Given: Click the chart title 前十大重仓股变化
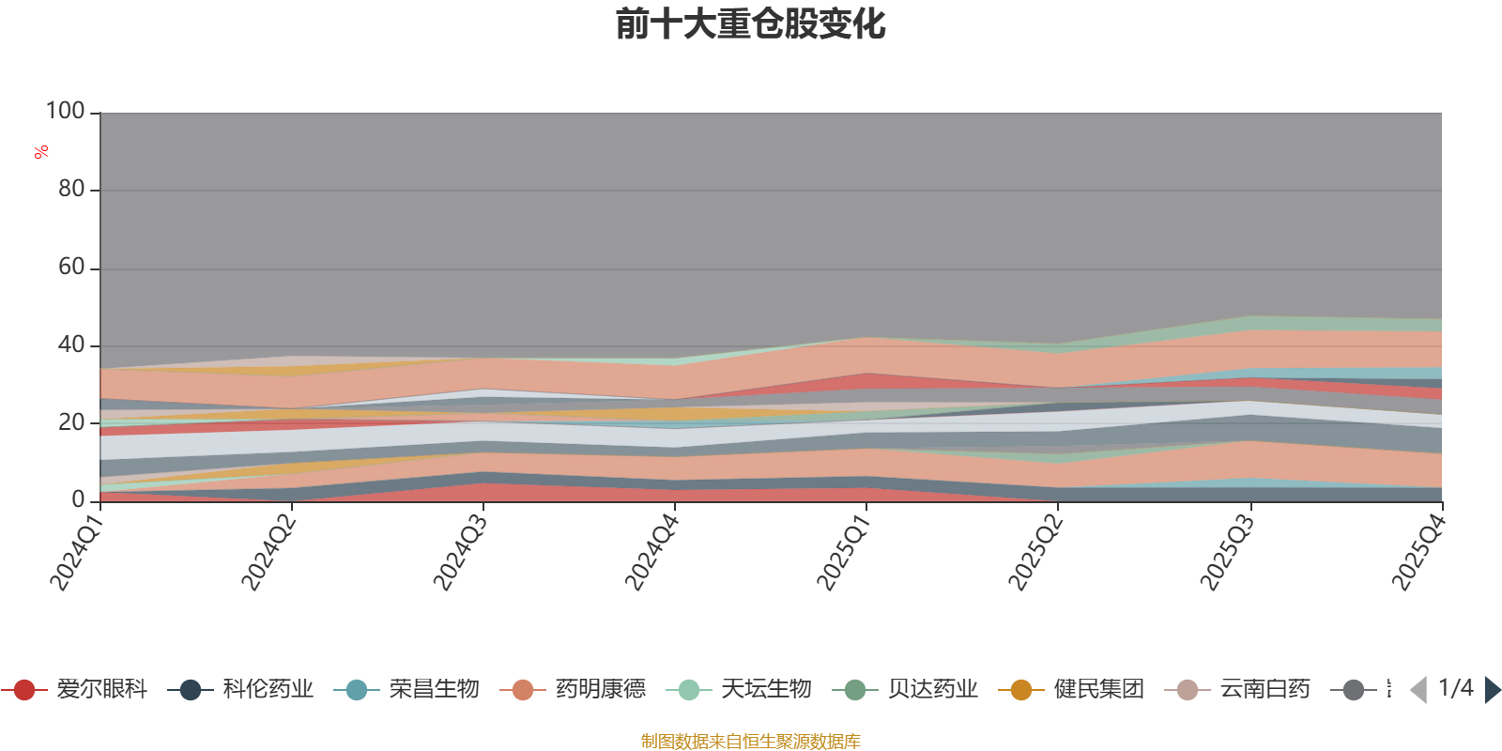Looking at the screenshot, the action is (750, 24).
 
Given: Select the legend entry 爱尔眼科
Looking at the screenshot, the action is (74, 689).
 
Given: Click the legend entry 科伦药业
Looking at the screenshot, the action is (240, 689).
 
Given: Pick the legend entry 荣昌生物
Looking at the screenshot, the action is (406, 689).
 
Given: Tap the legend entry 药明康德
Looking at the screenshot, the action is (573, 689).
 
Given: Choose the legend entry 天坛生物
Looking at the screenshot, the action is (739, 689).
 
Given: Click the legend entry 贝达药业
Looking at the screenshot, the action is (905, 689).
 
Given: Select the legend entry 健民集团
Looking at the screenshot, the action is (1071, 689).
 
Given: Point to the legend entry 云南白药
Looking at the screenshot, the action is (1238, 689).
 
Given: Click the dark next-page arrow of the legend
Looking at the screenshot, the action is (1492, 689).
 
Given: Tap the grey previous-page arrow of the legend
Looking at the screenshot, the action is (1418, 689).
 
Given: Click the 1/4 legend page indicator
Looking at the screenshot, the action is (1456, 688).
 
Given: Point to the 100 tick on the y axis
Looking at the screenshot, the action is (65, 111).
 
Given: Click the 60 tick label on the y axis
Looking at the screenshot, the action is (71, 267).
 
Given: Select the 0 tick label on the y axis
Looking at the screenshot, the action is (79, 500).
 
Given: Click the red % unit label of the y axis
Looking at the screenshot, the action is (41, 152).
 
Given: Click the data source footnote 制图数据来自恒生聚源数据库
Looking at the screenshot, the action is (750, 741).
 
